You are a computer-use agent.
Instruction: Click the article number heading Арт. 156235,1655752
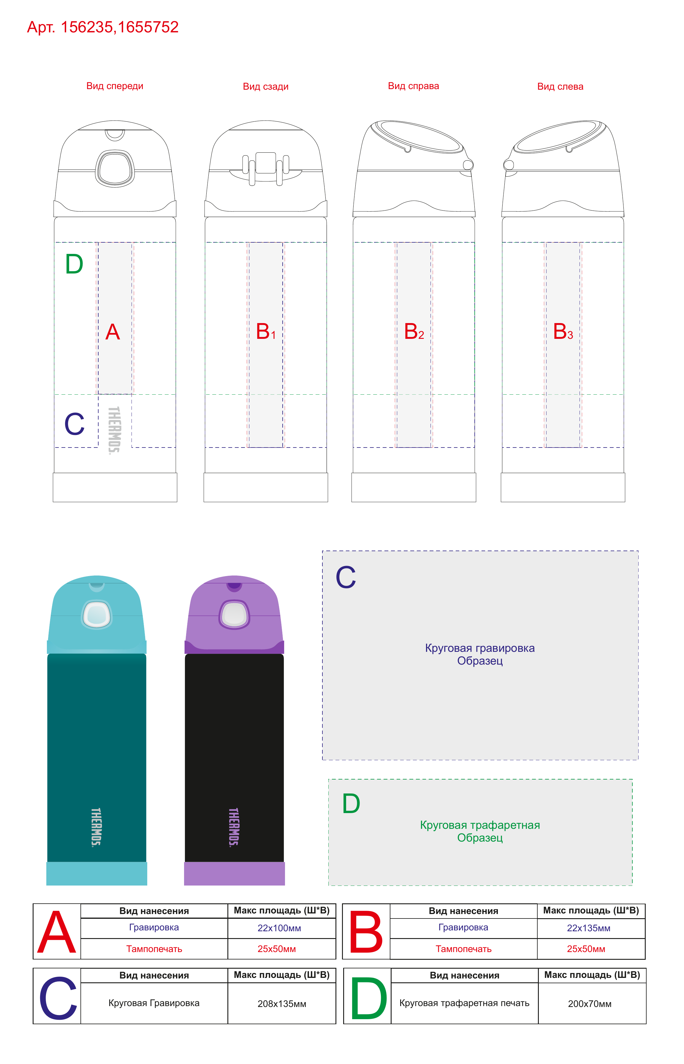point(103,27)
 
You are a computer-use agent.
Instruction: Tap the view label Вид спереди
point(115,86)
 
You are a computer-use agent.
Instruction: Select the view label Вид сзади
point(266,87)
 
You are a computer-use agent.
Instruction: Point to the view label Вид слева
point(560,87)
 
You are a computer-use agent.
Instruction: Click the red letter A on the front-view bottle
point(113,332)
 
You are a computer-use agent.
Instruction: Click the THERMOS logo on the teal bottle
point(96,827)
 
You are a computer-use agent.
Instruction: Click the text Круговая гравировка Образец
point(480,654)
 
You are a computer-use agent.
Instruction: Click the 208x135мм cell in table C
point(282,1004)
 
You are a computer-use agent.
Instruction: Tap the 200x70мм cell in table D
point(590,1004)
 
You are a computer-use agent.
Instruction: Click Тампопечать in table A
point(154,949)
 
